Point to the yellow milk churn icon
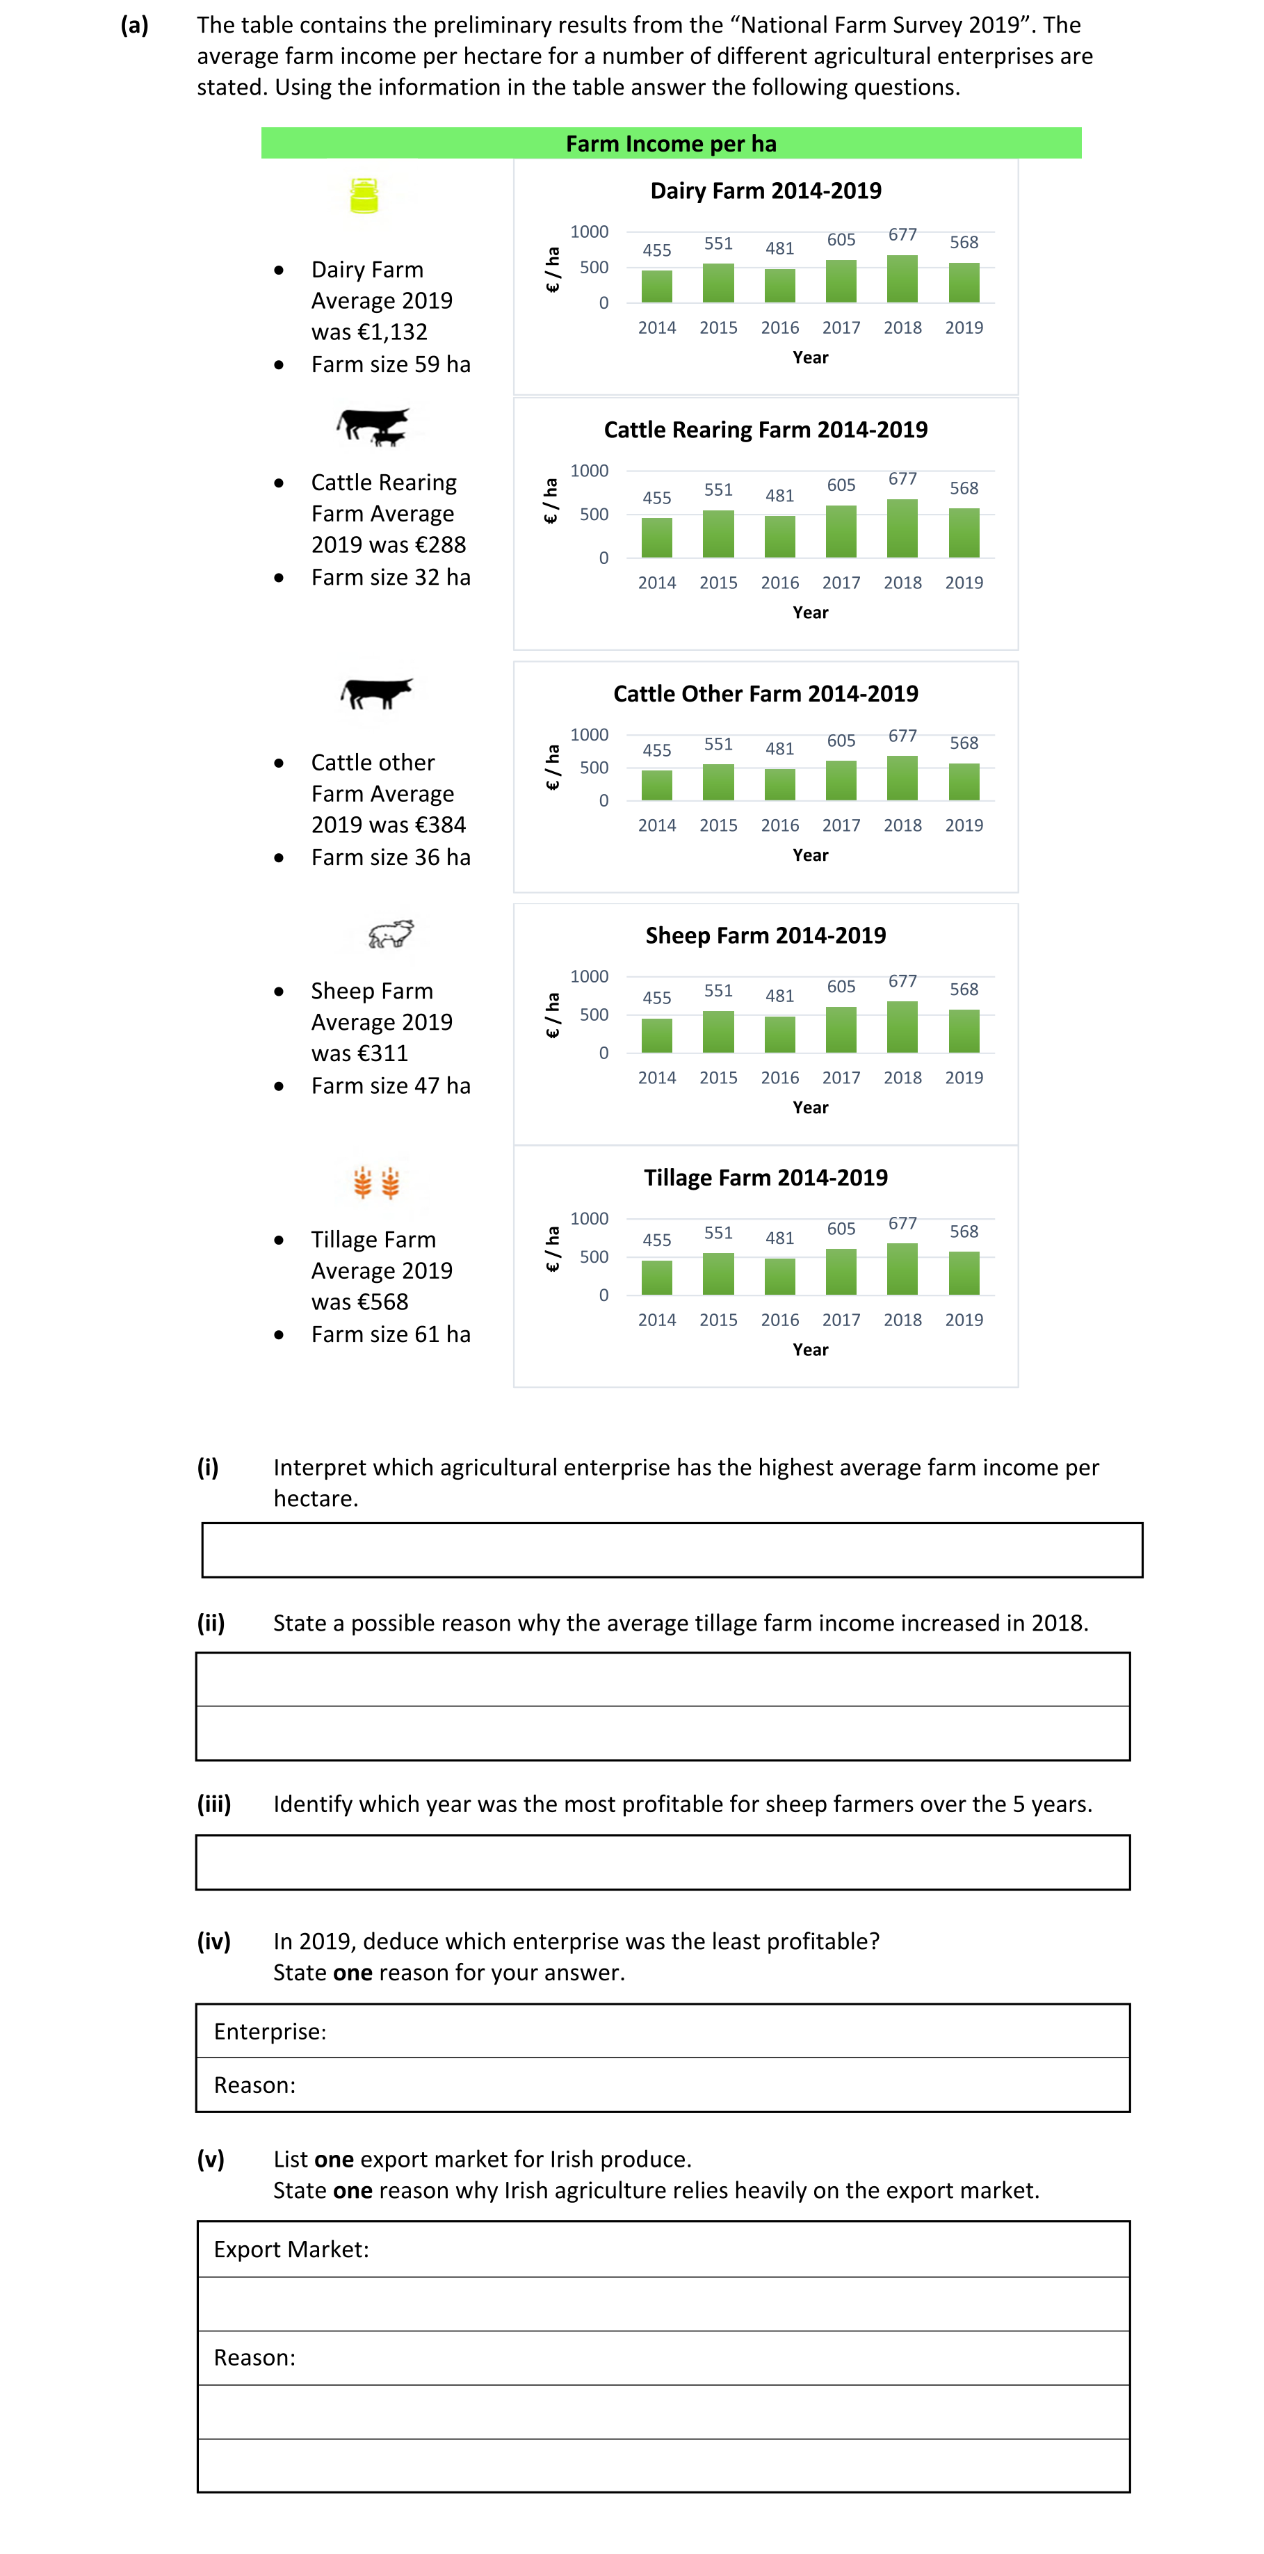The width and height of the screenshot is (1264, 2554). [364, 195]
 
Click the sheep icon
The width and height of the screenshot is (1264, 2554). [391, 933]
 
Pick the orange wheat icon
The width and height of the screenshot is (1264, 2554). [377, 1182]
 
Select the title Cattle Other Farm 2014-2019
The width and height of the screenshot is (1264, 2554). [765, 693]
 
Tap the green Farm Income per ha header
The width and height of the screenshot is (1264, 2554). [671, 144]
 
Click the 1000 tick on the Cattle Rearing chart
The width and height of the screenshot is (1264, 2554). [589, 471]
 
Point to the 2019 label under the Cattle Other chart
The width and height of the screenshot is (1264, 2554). [964, 825]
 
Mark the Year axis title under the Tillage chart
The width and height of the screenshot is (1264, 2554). [810, 1350]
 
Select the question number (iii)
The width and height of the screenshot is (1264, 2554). [213, 1804]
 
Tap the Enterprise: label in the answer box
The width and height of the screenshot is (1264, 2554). [270, 2032]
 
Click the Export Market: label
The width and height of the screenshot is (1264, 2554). [291, 2249]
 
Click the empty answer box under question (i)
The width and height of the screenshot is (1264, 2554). [671, 1550]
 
